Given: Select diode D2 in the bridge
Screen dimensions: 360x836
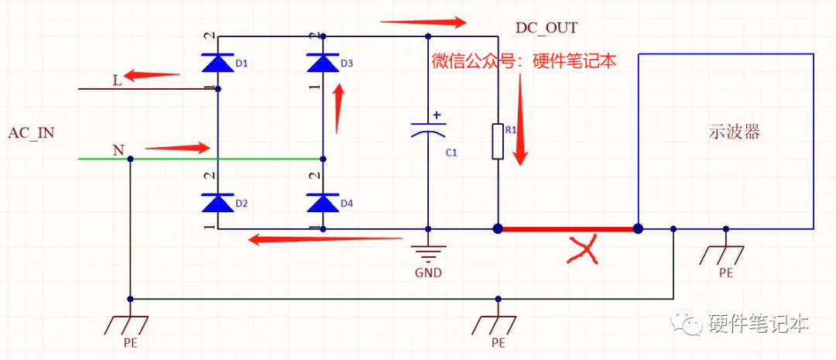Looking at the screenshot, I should pyautogui.click(x=218, y=202).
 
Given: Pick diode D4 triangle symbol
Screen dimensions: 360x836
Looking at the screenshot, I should pyautogui.click(x=323, y=202).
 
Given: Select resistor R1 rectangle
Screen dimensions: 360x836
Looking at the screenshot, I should pyautogui.click(x=498, y=141).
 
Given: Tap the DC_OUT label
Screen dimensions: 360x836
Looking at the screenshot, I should pyautogui.click(x=547, y=29).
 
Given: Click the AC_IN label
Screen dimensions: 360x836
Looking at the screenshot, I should pyautogui.click(x=31, y=132).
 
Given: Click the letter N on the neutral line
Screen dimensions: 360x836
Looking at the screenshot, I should pyautogui.click(x=118, y=149).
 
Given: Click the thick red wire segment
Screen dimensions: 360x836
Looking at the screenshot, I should pyautogui.click(x=567, y=229).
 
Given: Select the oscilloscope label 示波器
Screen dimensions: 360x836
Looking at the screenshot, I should pyautogui.click(x=735, y=132).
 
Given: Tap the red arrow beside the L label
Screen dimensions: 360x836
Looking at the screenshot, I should pyautogui.click(x=152, y=76).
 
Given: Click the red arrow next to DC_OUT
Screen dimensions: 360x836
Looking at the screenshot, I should pyautogui.click(x=423, y=22).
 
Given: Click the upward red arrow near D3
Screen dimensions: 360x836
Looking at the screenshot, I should pyautogui.click(x=337, y=108).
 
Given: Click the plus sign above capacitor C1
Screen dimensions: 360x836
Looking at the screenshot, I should pyautogui.click(x=437, y=115).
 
